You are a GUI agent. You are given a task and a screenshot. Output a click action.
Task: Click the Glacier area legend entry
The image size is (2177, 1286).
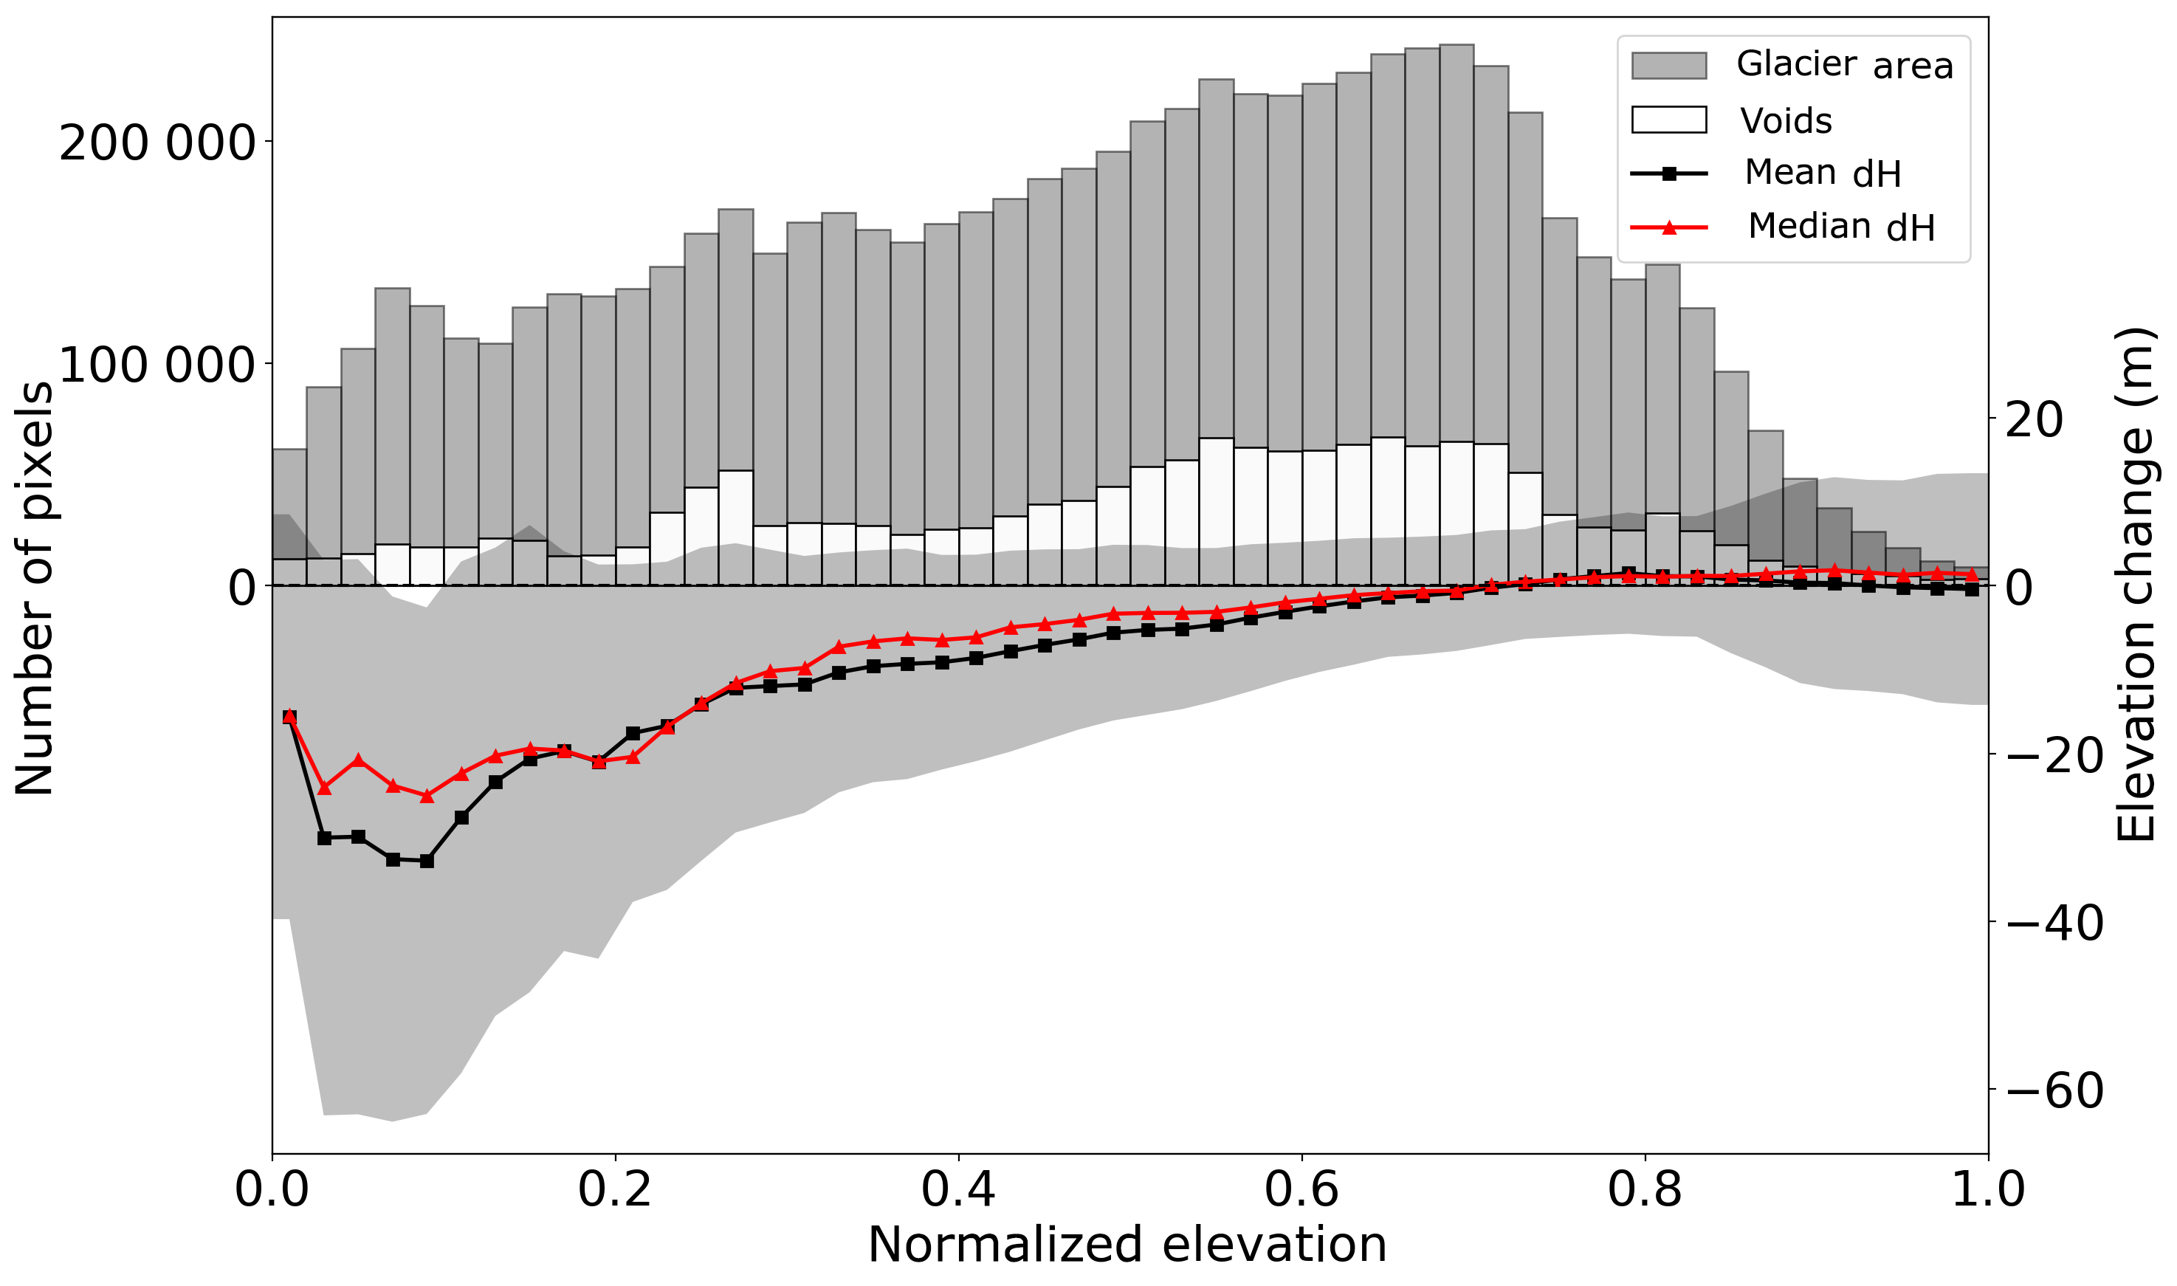coord(1843,65)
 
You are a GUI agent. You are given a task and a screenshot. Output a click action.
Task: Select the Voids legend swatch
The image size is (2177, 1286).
coord(1668,120)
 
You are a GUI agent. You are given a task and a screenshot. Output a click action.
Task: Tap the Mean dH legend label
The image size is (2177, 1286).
coord(1822,173)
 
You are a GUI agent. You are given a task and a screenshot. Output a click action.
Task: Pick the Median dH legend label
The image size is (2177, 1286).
coord(1841,227)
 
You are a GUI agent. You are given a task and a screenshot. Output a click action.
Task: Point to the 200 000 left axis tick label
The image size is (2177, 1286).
coord(157,143)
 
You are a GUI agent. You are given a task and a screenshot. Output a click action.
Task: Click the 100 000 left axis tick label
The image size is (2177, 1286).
coord(157,365)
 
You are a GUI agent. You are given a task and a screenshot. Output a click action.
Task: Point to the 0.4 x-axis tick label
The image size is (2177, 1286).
coord(957,1191)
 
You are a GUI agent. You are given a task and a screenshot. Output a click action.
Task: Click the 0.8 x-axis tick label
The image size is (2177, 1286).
coord(1644,1191)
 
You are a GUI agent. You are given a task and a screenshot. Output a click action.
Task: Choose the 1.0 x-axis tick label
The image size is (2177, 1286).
coord(1987,1191)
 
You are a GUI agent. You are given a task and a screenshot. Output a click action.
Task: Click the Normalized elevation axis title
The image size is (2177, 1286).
coord(1127,1246)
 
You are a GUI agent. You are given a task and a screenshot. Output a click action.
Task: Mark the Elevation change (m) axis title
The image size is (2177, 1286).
coord(2136,585)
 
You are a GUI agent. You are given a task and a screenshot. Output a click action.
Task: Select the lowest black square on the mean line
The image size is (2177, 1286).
coord(426,862)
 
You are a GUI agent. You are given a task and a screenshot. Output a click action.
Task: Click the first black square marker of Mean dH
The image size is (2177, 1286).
coord(289,717)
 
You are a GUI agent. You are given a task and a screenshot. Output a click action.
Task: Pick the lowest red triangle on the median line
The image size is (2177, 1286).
coord(426,796)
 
